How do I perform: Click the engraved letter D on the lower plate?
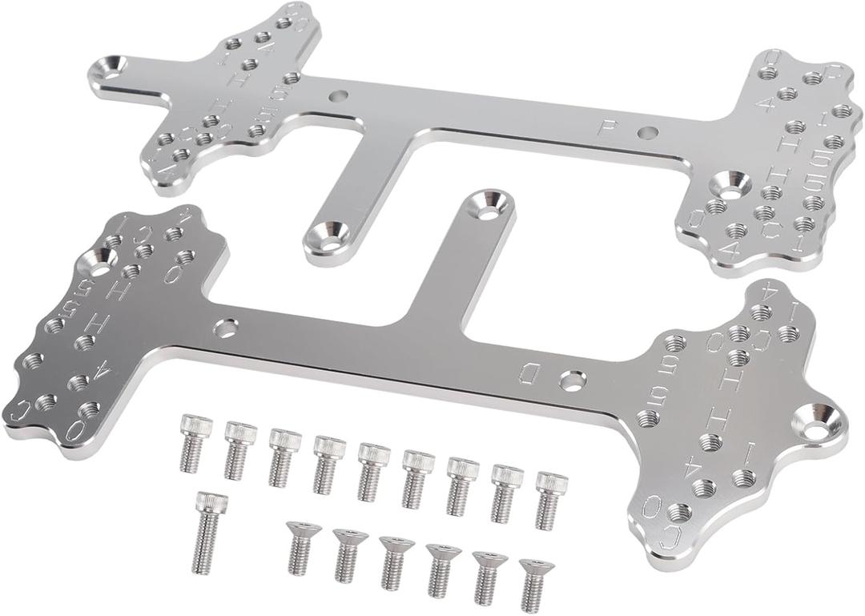pos(529,371)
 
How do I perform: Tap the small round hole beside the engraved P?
pos(647,131)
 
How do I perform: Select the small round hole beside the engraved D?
pos(572,380)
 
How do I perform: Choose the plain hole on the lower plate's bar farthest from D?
pos(227,327)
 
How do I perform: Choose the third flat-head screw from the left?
pos(392,562)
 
